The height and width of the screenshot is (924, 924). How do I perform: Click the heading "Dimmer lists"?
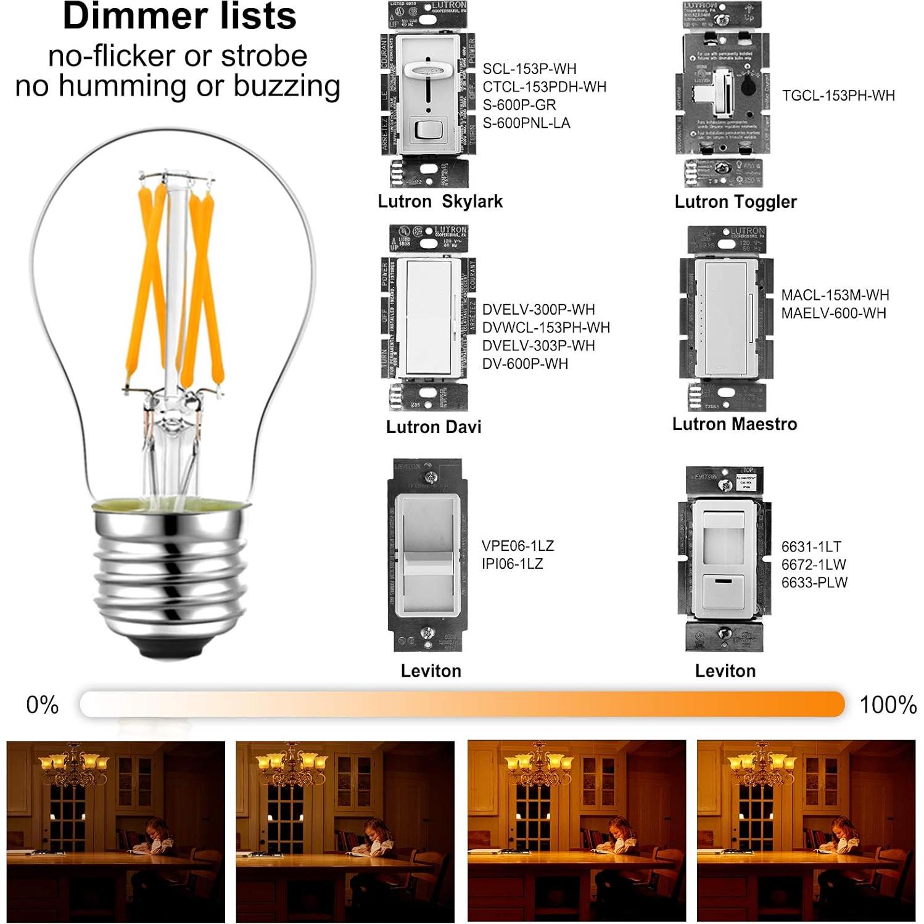click(179, 17)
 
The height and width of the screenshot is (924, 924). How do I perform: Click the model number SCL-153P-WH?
click(529, 68)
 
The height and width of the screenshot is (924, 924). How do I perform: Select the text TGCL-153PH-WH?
click(838, 96)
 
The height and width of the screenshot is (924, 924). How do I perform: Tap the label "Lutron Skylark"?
click(440, 202)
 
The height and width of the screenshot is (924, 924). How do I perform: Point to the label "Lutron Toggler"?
click(735, 202)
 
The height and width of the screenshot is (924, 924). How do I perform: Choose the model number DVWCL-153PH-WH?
click(546, 328)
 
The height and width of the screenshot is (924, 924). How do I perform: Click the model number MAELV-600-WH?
click(833, 313)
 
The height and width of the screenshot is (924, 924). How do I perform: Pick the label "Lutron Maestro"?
click(734, 424)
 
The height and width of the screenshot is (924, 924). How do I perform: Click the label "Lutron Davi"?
click(433, 427)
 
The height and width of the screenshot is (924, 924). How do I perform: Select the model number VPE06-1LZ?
click(518, 546)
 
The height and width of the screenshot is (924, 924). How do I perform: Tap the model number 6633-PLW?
click(814, 583)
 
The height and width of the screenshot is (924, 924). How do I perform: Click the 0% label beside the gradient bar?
click(42, 705)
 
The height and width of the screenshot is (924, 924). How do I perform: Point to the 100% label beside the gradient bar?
click(888, 705)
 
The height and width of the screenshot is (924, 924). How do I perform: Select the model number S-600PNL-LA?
click(526, 123)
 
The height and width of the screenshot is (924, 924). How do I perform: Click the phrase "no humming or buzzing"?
click(178, 86)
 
